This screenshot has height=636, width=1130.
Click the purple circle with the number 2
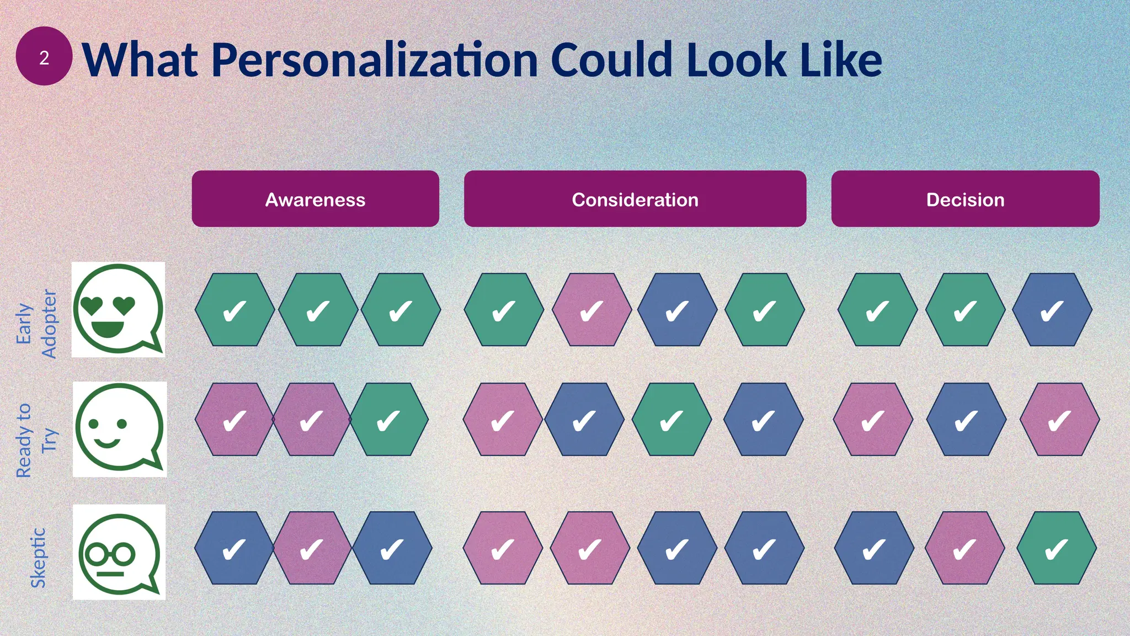click(44, 56)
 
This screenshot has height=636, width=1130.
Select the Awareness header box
click(315, 199)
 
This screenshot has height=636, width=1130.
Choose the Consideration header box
click(635, 199)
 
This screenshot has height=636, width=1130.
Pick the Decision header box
click(965, 199)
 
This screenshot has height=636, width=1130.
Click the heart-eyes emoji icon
click(118, 309)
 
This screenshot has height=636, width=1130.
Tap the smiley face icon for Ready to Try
click(119, 429)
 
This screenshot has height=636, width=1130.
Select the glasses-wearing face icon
click(119, 552)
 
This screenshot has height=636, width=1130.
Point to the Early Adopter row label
click(36, 324)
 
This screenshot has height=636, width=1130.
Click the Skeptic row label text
click(38, 558)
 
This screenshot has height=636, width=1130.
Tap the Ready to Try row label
click(36, 440)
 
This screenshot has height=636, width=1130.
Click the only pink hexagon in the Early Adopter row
click(591, 310)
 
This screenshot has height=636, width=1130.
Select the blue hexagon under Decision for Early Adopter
click(1052, 310)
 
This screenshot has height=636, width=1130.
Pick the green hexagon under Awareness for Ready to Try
click(389, 420)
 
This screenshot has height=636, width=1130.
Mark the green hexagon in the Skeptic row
click(1056, 548)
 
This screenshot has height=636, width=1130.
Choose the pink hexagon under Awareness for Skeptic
click(312, 548)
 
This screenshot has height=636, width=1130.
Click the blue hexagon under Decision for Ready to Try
click(966, 420)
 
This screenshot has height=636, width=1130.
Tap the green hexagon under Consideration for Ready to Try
click(671, 420)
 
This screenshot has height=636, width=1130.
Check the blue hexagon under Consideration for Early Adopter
click(677, 310)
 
